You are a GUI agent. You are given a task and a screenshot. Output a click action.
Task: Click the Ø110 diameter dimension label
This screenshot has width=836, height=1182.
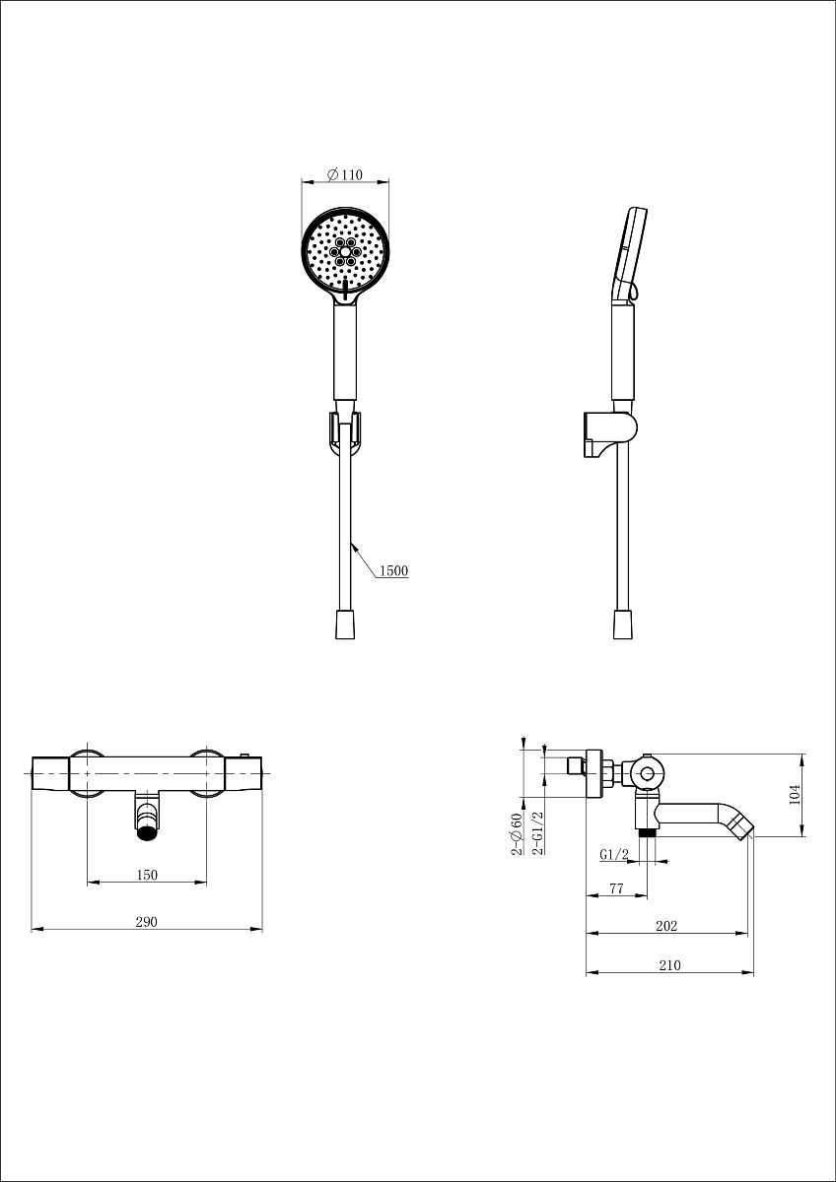point(344,174)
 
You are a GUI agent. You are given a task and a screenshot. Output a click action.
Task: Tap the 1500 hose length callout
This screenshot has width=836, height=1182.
point(394,570)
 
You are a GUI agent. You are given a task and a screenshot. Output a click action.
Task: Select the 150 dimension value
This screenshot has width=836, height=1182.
point(147,875)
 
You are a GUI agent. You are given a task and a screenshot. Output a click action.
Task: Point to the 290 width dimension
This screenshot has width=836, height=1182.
point(147,921)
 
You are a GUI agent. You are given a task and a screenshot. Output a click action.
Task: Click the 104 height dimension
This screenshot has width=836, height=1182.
point(795,794)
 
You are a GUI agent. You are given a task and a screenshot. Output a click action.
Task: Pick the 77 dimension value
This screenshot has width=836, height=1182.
point(616,888)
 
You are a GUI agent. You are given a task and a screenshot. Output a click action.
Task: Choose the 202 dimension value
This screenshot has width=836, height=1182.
point(666,926)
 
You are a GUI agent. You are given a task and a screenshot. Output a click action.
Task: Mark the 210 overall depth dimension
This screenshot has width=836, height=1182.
point(669,965)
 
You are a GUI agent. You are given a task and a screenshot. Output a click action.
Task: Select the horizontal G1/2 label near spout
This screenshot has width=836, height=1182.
point(614,854)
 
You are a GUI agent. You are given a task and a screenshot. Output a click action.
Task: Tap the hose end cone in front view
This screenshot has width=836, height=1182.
point(345,624)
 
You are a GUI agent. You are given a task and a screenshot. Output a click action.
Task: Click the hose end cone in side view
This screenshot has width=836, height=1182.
point(623,624)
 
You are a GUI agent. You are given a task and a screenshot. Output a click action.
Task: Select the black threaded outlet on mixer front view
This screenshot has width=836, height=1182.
point(147,833)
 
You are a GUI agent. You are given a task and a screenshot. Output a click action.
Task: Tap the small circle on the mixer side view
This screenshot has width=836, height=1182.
point(647,774)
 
